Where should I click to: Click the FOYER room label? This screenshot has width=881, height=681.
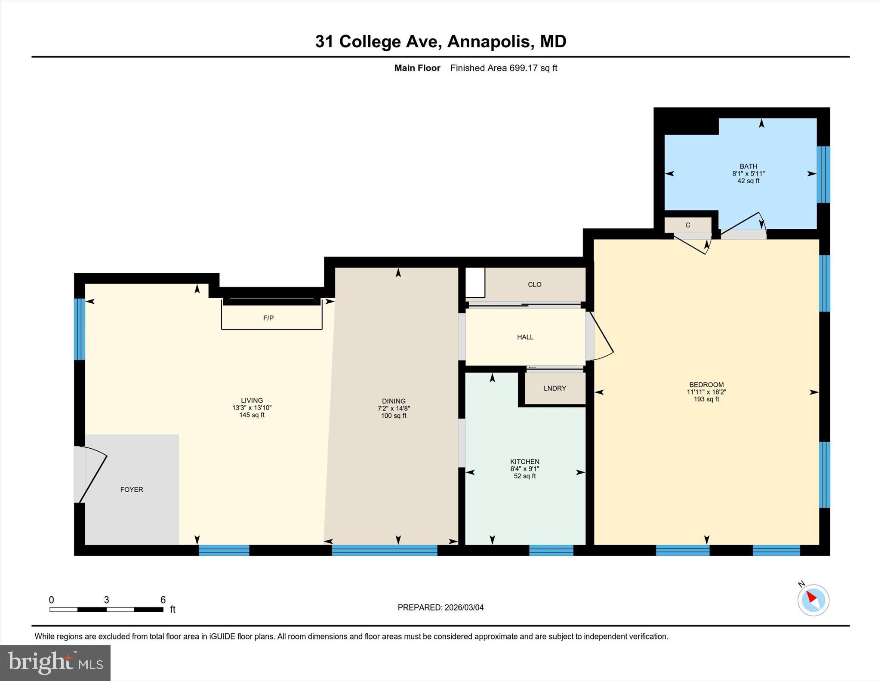click(132, 490)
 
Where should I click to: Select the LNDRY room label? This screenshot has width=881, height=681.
click(554, 388)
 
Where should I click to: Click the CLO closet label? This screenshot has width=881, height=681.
click(534, 284)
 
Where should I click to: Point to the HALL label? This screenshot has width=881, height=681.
click(525, 337)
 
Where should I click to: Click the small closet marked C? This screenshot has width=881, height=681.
click(687, 225)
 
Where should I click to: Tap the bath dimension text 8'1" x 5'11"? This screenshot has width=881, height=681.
click(748, 174)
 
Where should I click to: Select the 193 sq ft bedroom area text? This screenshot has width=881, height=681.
click(706, 399)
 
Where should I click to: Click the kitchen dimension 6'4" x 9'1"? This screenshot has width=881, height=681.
click(524, 469)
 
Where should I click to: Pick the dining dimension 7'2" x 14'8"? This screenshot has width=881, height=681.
click(393, 409)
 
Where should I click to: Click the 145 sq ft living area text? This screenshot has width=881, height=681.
click(252, 415)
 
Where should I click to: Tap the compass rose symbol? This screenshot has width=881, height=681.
click(813, 600)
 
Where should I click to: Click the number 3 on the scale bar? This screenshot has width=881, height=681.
click(106, 600)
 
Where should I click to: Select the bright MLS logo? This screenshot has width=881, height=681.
click(55, 662)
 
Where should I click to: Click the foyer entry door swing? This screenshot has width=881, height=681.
click(92, 473)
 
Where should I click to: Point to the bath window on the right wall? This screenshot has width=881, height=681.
click(823, 174)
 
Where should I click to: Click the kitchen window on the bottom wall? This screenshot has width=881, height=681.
click(551, 550)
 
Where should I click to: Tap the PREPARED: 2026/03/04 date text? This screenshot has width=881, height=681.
click(440, 607)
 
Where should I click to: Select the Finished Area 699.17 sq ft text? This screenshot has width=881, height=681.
click(503, 68)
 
